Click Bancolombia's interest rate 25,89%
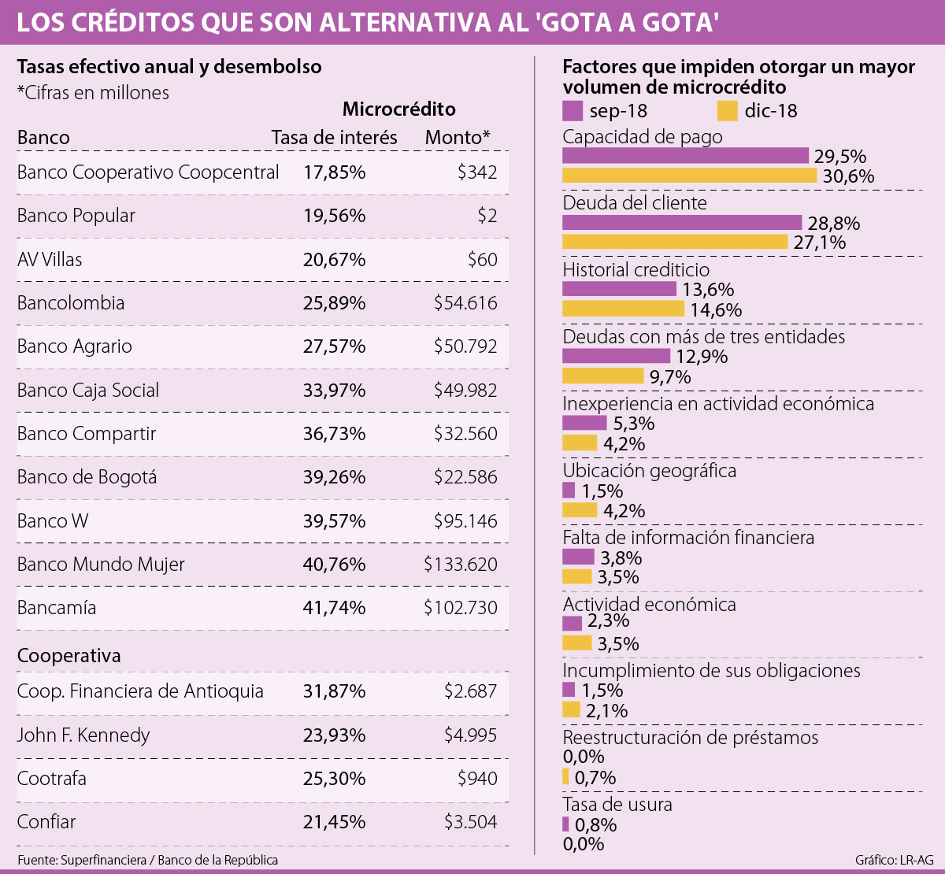click(x=334, y=303)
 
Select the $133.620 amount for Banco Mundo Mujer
click(x=461, y=565)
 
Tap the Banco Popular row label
click(x=76, y=216)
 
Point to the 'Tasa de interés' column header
click(x=334, y=138)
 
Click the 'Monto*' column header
click(x=458, y=138)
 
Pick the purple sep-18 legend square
click(x=573, y=110)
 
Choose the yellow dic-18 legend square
click(x=728, y=110)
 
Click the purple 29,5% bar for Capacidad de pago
click(x=685, y=156)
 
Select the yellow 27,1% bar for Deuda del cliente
click(x=675, y=242)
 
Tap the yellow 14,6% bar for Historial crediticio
click(x=623, y=309)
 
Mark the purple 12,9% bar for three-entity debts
click(x=616, y=356)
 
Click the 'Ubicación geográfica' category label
click(x=649, y=471)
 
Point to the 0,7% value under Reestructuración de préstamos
click(x=595, y=778)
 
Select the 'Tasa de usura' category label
click(x=617, y=805)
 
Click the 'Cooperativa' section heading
click(x=69, y=656)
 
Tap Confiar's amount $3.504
click(x=471, y=822)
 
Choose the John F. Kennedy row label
click(x=83, y=735)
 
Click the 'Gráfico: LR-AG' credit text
click(x=894, y=860)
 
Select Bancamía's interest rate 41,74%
click(x=334, y=608)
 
